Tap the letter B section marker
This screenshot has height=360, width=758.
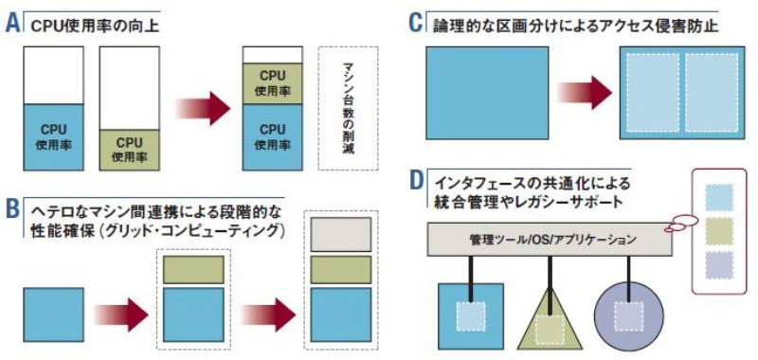click(x=12, y=208)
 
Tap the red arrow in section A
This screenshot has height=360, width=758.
click(x=204, y=108)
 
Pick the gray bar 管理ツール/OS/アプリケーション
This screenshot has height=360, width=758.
click(x=549, y=241)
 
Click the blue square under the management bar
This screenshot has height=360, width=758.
click(x=469, y=315)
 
